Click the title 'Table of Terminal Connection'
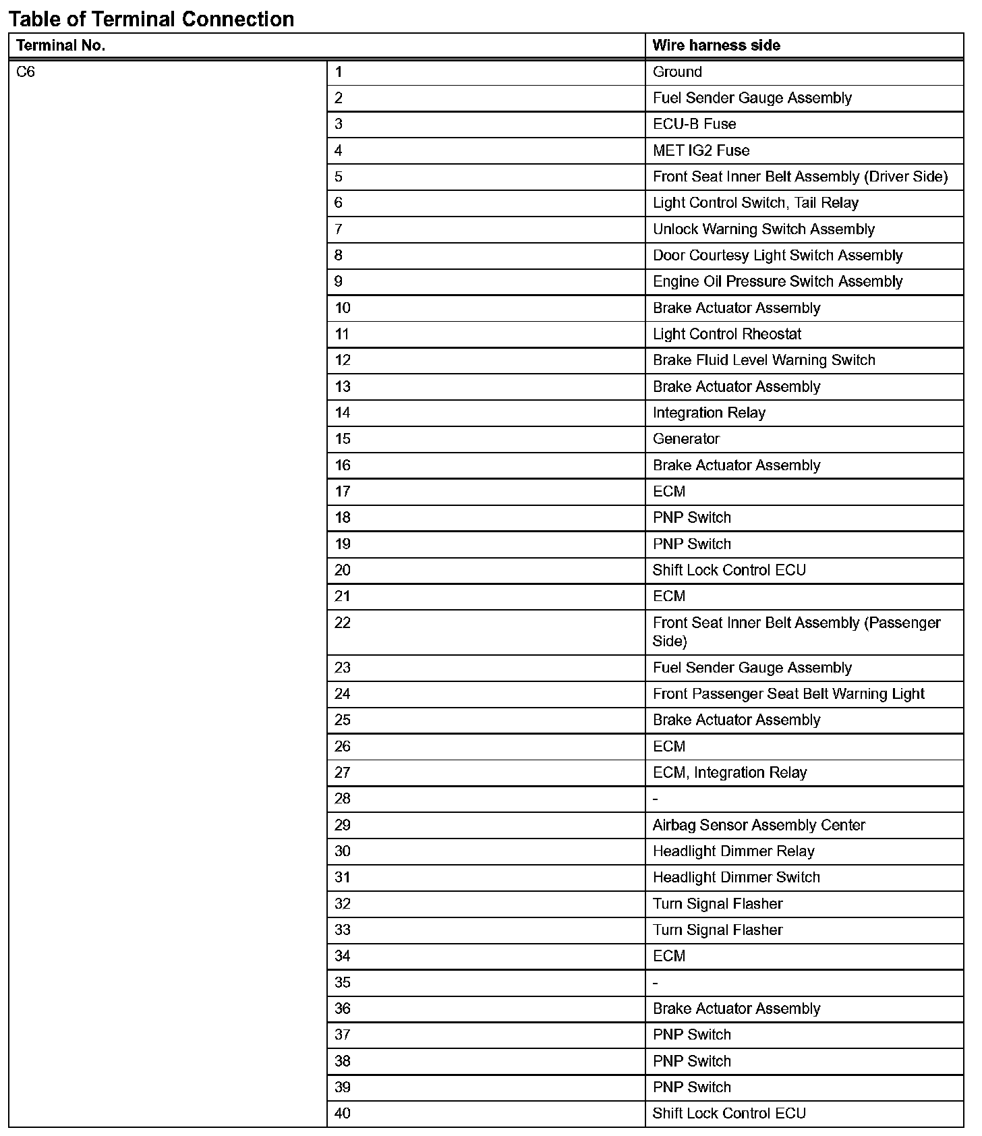point(151,19)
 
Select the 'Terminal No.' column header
point(61,46)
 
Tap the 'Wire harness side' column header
point(716,46)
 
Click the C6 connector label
point(26,72)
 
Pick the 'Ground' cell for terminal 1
point(677,72)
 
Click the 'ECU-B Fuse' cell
point(694,124)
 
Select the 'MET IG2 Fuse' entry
point(701,150)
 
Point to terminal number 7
point(339,229)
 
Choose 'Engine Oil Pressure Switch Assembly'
point(777,282)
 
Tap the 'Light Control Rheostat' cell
point(727,335)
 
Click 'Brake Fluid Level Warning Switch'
point(763,360)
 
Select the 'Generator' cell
point(686,439)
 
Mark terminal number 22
point(343,623)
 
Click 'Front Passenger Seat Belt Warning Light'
point(788,694)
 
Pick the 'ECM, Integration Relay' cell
point(730,773)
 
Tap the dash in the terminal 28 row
point(656,799)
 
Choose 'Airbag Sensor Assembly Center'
point(759,826)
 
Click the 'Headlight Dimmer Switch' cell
point(736,878)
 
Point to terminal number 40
point(343,1114)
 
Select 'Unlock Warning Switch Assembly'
point(763,229)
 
